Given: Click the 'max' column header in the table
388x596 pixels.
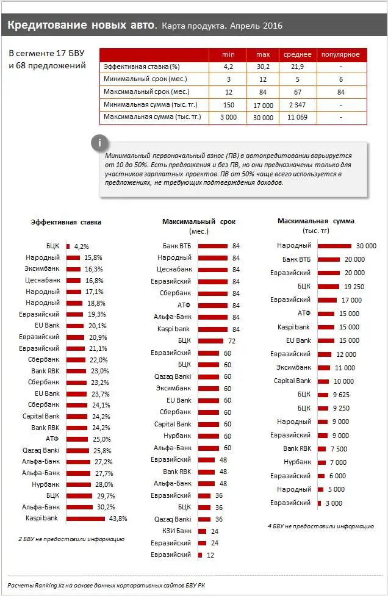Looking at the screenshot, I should [x=263, y=54].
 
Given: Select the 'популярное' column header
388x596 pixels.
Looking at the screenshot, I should [x=340, y=54].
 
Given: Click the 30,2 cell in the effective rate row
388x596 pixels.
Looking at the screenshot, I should [x=263, y=66].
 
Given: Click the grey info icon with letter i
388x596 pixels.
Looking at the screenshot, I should [x=98, y=143].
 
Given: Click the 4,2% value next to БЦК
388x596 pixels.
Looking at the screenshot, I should [x=82, y=246].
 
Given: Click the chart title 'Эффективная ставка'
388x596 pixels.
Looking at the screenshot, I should [x=66, y=222].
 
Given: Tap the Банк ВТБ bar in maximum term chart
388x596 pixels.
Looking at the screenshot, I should [x=213, y=246].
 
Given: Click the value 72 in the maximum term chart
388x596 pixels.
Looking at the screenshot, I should [x=232, y=340].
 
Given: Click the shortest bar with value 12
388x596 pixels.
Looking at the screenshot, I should [x=201, y=555].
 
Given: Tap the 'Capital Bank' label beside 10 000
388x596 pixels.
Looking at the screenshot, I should [x=292, y=381].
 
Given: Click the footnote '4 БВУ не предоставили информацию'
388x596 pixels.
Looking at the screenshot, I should [x=320, y=526].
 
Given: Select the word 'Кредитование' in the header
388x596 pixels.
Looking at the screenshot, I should [x=38, y=25].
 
